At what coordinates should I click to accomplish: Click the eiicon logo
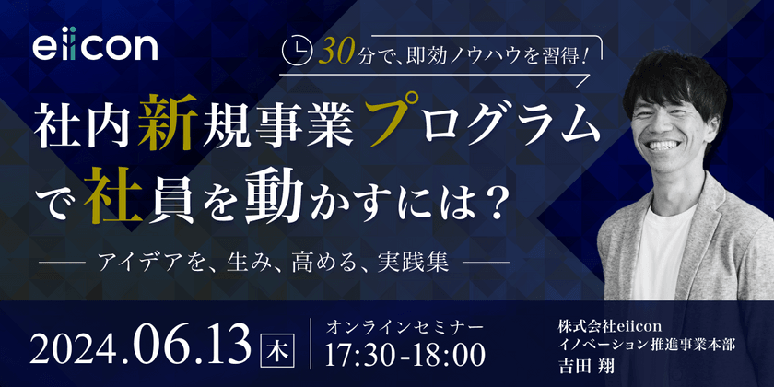pyautogui.click(x=95, y=47)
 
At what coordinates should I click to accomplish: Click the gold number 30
pyautogui.click(x=336, y=53)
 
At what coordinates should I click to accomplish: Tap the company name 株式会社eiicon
pyautogui.click(x=609, y=326)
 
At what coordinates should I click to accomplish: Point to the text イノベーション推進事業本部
pyautogui.click(x=647, y=345)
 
